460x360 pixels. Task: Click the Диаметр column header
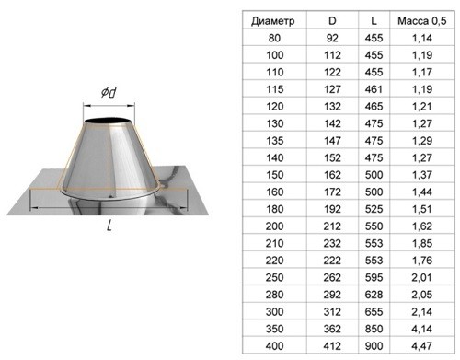click(x=273, y=21)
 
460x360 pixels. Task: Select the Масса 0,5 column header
click(x=422, y=21)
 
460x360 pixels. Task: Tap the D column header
click(x=332, y=21)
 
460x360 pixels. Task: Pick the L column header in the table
click(x=374, y=21)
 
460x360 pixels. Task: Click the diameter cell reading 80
click(x=274, y=38)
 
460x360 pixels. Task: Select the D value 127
click(x=332, y=89)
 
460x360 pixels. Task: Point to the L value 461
click(x=374, y=89)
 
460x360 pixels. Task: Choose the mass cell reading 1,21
click(x=422, y=107)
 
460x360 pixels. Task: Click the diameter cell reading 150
click(x=274, y=175)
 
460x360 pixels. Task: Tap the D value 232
click(x=332, y=243)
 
